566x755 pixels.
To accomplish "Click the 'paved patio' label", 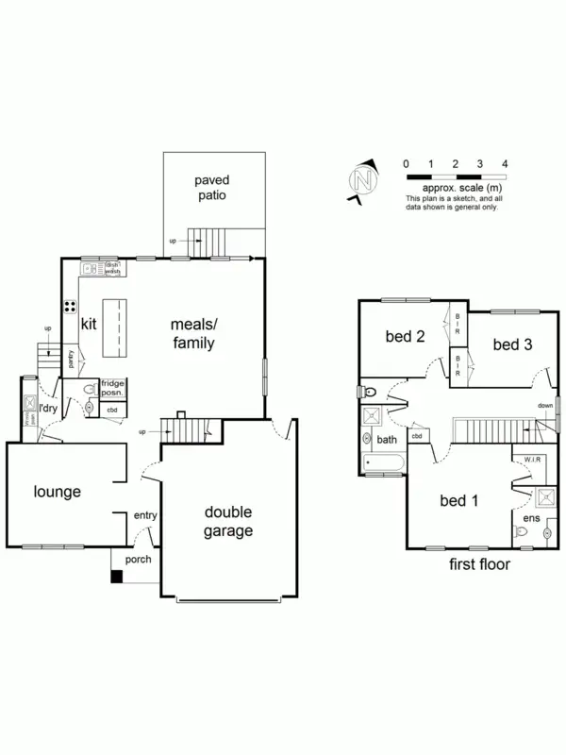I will (212, 188).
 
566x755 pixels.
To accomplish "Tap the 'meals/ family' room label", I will (192, 332).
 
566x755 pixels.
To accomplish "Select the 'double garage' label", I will (228, 522).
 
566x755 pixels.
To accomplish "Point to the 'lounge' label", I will (58, 492).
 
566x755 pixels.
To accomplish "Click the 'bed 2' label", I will (404, 337).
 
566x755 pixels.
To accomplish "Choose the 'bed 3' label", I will (512, 345).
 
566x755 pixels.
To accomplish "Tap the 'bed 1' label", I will (459, 500).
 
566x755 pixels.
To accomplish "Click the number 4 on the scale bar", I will (506, 164).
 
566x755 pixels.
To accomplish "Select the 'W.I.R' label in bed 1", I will (524, 460).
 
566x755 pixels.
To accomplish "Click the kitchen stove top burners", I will (70, 306).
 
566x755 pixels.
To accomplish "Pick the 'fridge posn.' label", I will (113, 390).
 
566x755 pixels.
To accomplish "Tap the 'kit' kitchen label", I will (90, 325).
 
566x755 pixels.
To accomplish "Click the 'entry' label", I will (145, 514).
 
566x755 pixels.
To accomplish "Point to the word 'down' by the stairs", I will (545, 406).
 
